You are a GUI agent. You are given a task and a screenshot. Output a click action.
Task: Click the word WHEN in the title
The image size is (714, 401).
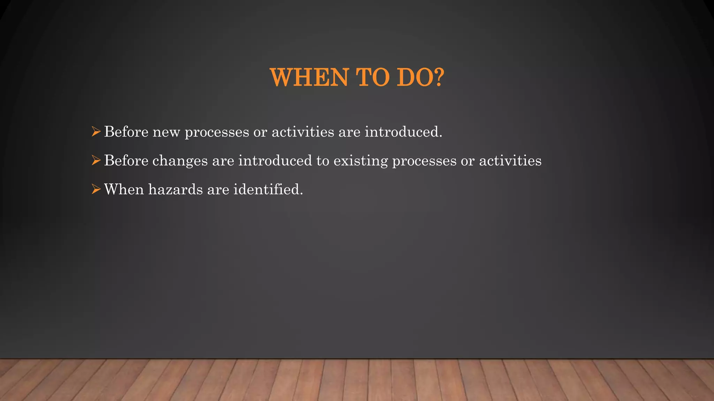(309, 77)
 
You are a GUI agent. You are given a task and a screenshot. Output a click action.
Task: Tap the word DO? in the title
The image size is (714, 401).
(420, 77)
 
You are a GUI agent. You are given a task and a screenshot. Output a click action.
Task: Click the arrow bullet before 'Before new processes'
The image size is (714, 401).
(96, 132)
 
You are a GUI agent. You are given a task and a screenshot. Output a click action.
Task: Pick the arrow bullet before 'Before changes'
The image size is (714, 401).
(96, 160)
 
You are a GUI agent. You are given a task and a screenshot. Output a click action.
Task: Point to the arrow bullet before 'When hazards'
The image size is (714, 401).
(96, 189)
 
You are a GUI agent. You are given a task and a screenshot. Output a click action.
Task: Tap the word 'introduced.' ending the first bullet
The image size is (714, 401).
(403, 132)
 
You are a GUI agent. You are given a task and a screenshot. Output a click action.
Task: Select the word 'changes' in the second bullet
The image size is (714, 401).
(180, 161)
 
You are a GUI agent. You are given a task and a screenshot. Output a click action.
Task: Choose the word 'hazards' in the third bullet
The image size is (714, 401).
(175, 189)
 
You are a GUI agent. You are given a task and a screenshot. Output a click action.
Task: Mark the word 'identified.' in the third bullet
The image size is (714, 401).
(268, 189)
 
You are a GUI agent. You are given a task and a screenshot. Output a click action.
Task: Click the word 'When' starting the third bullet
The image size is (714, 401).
(124, 189)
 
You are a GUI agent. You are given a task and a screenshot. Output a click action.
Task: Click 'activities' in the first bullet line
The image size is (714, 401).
(303, 132)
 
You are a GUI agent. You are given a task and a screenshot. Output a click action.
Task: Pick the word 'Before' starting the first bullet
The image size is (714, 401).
(126, 132)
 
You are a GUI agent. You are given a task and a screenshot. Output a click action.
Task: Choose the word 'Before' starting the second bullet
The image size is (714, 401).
(126, 160)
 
